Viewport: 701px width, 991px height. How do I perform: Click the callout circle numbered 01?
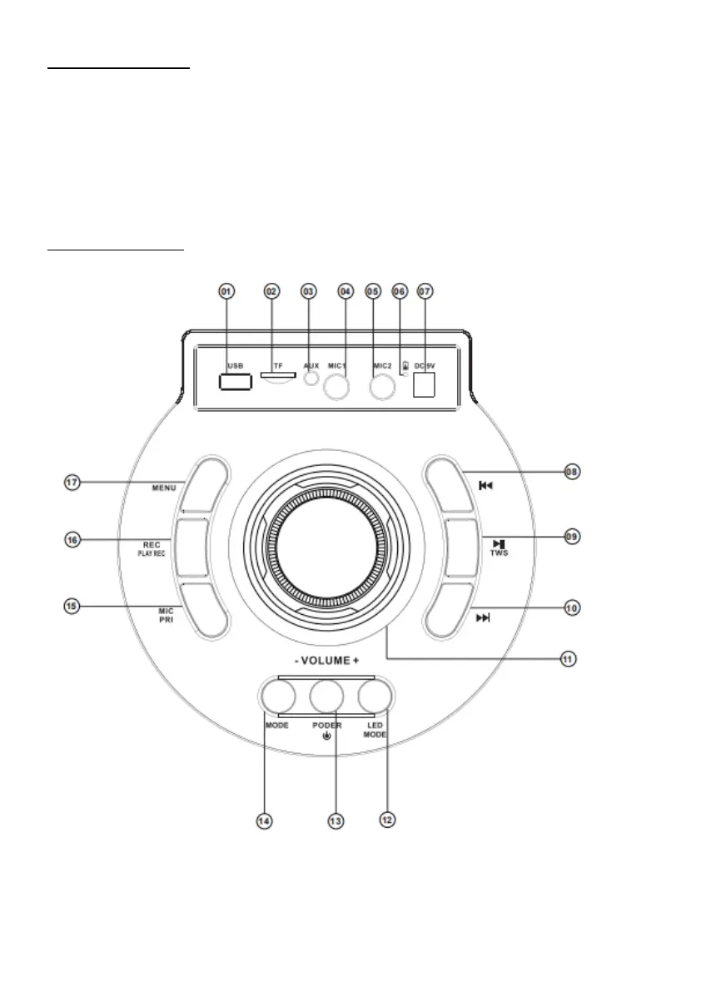(226, 291)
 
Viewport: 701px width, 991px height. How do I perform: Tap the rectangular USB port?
(234, 382)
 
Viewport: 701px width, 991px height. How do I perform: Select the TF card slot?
(277, 375)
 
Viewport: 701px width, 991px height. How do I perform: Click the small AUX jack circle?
(310, 378)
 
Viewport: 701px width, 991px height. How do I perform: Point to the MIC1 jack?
(337, 387)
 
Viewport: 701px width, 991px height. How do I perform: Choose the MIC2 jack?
(382, 386)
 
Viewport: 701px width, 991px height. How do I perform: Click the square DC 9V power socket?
(424, 385)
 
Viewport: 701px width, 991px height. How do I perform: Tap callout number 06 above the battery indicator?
(400, 291)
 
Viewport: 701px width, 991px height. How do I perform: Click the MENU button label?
(164, 488)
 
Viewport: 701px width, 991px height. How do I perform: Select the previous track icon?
(485, 485)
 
